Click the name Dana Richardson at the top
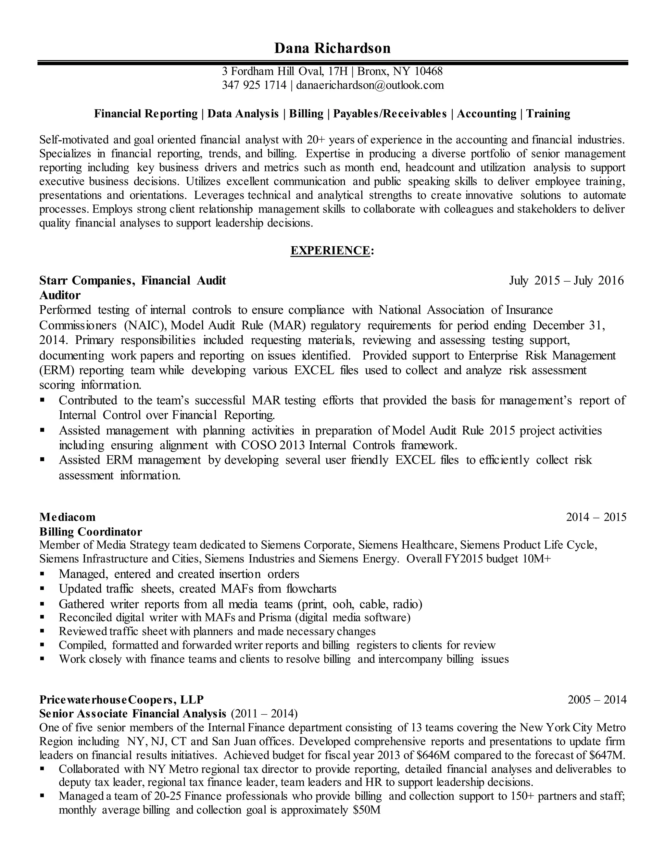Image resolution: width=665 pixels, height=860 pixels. (332, 48)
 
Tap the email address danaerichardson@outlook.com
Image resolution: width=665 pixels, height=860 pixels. (370, 85)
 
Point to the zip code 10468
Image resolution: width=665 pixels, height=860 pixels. (429, 71)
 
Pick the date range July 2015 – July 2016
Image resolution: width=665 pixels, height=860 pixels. (566, 280)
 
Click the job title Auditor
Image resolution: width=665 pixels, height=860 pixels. (60, 295)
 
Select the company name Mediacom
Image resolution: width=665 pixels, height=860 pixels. (67, 517)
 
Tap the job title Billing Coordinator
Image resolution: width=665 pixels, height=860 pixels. (91, 532)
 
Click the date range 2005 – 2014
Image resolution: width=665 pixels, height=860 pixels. (596, 699)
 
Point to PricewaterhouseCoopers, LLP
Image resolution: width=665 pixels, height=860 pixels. (121, 699)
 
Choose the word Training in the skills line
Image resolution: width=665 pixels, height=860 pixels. (548, 114)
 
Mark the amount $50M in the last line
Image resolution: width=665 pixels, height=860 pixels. (367, 810)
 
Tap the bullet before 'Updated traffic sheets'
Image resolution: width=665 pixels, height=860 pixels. (42, 589)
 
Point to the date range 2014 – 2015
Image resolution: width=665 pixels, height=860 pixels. (596, 517)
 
